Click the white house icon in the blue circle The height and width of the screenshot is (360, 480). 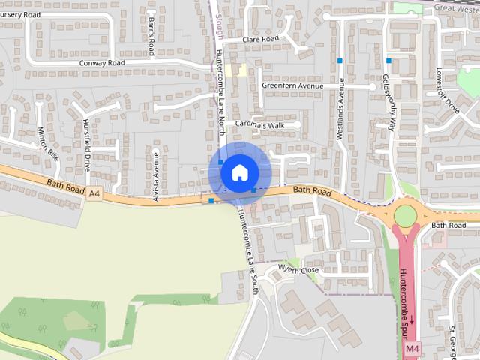239,172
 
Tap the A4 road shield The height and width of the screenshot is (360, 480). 94,194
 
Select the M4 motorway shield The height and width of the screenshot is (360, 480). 412,349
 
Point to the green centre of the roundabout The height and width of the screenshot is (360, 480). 405,216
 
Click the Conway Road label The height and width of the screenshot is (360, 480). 102,63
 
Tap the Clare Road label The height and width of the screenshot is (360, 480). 260,39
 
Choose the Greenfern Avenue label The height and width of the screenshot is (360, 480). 292,85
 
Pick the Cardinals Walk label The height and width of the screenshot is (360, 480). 260,124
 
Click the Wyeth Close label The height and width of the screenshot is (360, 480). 298,269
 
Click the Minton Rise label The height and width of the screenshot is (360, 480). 48,144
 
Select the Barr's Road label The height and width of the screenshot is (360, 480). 151,36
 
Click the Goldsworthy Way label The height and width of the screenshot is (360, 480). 388,102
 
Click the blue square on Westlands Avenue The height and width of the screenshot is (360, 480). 340,60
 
